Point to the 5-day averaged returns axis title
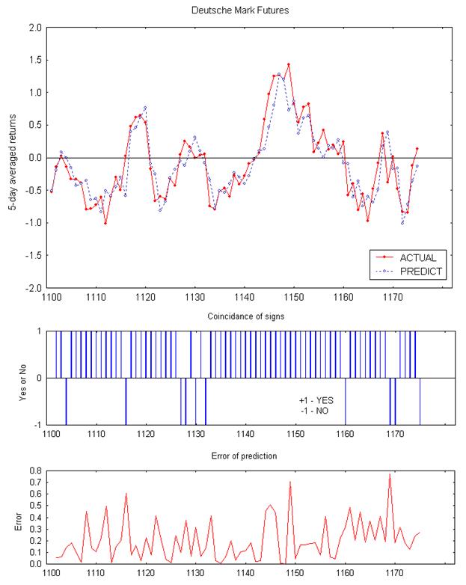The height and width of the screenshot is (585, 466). pyautogui.click(x=13, y=156)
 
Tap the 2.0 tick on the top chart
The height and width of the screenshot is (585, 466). pyautogui.click(x=34, y=28)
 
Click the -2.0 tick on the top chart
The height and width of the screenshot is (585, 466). pyautogui.click(x=32, y=287)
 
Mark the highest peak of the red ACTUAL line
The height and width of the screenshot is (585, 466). pyautogui.click(x=288, y=64)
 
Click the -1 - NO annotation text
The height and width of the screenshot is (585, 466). pyautogui.click(x=314, y=411)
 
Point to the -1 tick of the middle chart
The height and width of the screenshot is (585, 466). pyautogui.click(x=38, y=425)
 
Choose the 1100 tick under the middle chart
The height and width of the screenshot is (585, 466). pyautogui.click(x=51, y=433)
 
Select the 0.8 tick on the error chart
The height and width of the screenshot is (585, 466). pyautogui.click(x=35, y=471)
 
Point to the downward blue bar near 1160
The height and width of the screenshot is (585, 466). pyautogui.click(x=345, y=401)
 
